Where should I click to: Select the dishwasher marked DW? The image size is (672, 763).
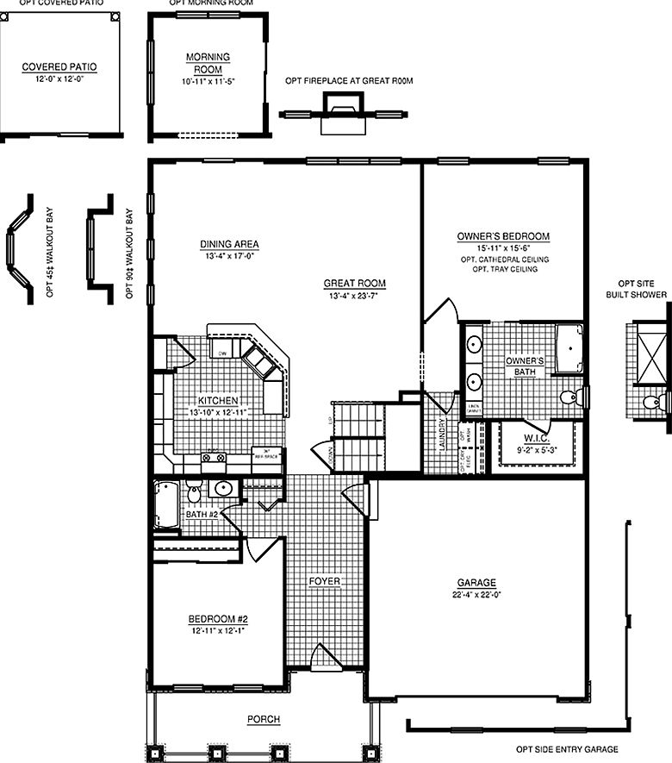(221, 353)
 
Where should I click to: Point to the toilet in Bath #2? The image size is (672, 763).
(195, 494)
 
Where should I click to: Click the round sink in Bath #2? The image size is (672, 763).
(222, 490)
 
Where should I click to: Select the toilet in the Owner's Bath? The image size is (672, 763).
(569, 397)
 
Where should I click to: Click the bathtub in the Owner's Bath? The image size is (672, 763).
(569, 349)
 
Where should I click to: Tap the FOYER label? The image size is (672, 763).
(325, 582)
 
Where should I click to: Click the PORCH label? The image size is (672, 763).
(263, 719)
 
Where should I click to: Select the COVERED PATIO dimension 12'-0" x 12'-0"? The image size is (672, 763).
(59, 78)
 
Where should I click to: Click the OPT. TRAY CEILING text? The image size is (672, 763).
(504, 270)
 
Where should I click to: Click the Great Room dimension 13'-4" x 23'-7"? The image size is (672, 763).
(355, 296)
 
